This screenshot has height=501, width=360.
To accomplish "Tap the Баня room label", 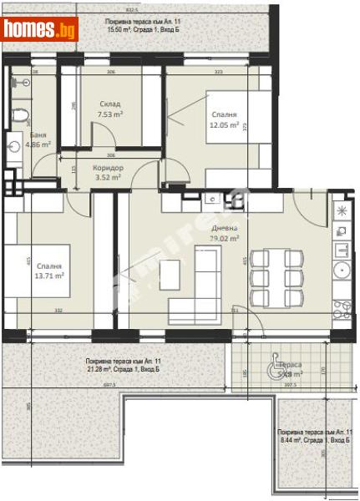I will [x=38, y=134].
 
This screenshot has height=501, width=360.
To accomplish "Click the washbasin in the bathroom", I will [x=14, y=145].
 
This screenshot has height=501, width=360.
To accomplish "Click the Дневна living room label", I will [x=224, y=227].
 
